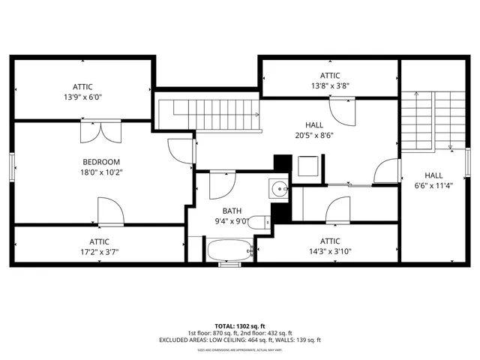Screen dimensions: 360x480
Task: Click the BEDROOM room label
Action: [x=101, y=162]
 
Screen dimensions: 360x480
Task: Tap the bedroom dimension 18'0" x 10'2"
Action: [x=101, y=172]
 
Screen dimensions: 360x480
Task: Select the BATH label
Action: [x=232, y=211]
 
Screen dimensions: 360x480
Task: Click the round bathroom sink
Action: [x=279, y=188]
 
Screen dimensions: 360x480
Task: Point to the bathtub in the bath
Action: [x=229, y=250]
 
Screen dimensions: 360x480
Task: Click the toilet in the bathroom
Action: [x=259, y=221]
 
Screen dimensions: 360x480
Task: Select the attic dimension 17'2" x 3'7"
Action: [x=99, y=252]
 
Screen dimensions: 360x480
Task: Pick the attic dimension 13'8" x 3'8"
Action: [x=330, y=85]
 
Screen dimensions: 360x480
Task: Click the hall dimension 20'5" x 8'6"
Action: [x=315, y=136]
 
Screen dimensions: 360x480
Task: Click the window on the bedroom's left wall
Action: [x=10, y=166]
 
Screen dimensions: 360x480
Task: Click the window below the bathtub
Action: [x=229, y=264]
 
